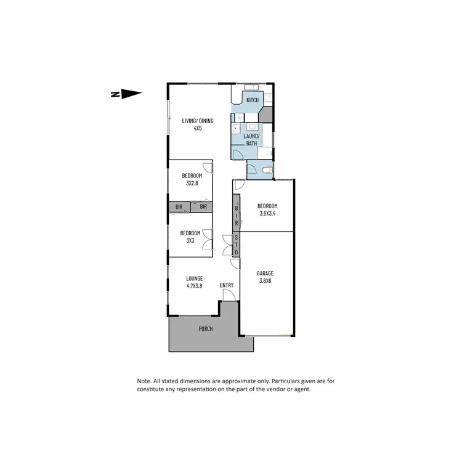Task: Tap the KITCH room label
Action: coord(253,100)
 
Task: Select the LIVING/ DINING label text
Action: coord(197,121)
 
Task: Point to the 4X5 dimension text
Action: coord(198,128)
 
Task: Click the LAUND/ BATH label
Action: coord(252,139)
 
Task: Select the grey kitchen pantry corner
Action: coord(266,114)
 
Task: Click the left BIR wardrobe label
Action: coord(179,207)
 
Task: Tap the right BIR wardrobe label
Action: coord(203,207)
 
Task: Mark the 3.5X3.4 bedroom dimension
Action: coord(267,213)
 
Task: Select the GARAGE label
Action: coord(265,274)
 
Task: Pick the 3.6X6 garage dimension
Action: coord(265,281)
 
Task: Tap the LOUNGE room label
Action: coord(195,278)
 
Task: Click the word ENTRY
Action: coord(227,285)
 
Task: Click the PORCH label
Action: coord(205,329)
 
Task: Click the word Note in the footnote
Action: coord(144,381)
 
